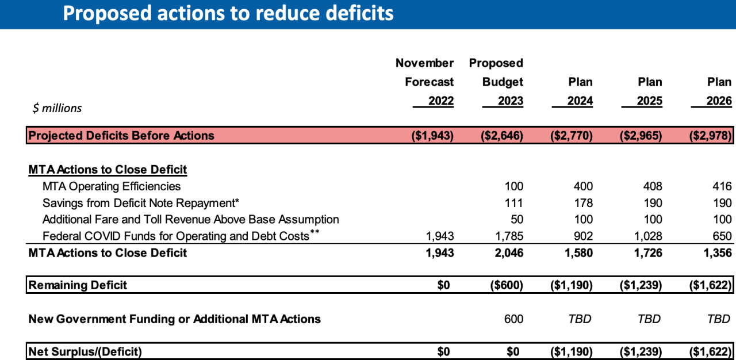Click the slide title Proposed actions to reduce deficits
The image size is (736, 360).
click(228, 13)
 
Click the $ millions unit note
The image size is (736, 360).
click(57, 108)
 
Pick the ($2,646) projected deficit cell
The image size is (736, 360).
click(502, 136)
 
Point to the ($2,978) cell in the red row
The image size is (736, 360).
click(710, 136)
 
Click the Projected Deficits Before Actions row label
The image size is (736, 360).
click(121, 136)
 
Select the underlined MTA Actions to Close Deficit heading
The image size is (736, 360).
click(108, 170)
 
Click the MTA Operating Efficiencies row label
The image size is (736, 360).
click(112, 186)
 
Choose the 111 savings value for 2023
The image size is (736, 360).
click(513, 203)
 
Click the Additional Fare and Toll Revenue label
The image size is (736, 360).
click(190, 220)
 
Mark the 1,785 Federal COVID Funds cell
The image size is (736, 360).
click(509, 236)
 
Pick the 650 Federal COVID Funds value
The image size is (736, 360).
click(722, 236)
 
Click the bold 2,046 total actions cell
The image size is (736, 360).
click(509, 253)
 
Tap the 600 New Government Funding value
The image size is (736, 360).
click(513, 319)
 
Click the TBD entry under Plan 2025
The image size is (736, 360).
click(649, 319)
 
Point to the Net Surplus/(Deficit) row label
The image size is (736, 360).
click(85, 351)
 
